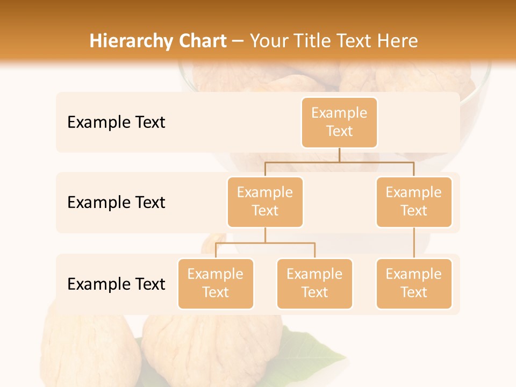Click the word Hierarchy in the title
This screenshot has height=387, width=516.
(123, 41)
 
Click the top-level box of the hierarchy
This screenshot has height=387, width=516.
(339, 122)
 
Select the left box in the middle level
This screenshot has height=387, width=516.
(265, 202)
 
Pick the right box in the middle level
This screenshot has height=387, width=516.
(414, 202)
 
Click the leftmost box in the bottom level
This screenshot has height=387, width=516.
(216, 283)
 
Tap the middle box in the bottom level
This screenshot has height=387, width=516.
(314, 283)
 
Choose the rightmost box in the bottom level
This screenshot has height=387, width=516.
(414, 283)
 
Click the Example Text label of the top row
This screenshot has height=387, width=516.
(116, 123)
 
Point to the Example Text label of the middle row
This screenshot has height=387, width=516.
(116, 203)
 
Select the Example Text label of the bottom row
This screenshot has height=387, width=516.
(116, 284)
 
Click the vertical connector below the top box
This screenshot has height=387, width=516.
(339, 155)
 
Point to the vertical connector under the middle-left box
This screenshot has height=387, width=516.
(265, 235)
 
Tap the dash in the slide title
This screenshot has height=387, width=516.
(238, 41)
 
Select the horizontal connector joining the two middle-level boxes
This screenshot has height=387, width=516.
(339, 162)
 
